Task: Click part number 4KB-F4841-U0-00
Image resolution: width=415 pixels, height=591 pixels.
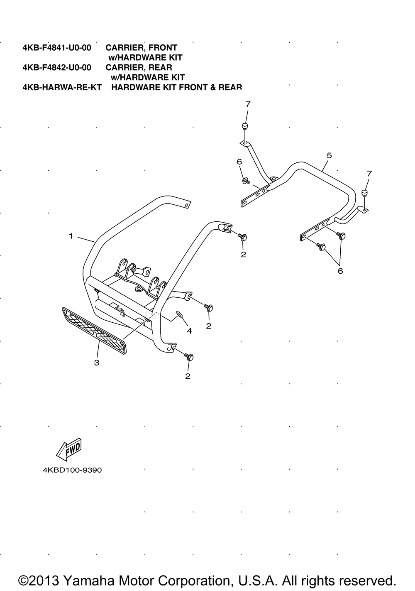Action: point(57,48)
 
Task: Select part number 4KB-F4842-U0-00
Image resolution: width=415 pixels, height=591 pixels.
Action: point(57,67)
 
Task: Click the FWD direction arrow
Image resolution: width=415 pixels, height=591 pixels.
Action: point(68,450)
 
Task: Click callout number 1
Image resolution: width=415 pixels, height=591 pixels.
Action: point(71,236)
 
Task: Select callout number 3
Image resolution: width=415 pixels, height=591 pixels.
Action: point(97,363)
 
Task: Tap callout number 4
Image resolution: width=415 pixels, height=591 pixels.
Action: point(189,331)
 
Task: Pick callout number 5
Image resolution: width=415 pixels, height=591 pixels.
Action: point(329,155)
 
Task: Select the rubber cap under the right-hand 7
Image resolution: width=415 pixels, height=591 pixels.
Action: point(365,193)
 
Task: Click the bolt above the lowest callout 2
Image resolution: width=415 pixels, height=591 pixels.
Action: point(190,357)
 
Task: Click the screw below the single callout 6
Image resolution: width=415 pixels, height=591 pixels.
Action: point(245,181)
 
